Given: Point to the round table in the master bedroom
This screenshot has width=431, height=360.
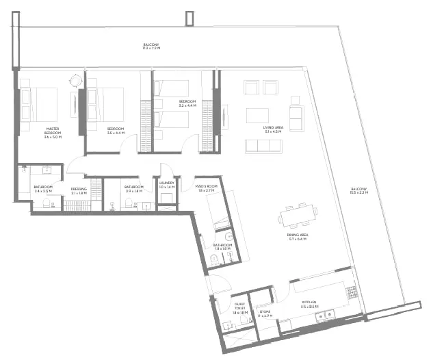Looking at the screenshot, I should tap(75, 81).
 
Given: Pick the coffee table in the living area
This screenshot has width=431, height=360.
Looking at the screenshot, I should tap(258, 114).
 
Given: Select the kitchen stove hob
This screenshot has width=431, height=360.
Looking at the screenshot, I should tap(352, 292).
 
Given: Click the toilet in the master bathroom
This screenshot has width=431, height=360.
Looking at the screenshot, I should tap(47, 202).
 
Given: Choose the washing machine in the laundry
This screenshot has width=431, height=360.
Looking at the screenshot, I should tap(166, 198).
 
